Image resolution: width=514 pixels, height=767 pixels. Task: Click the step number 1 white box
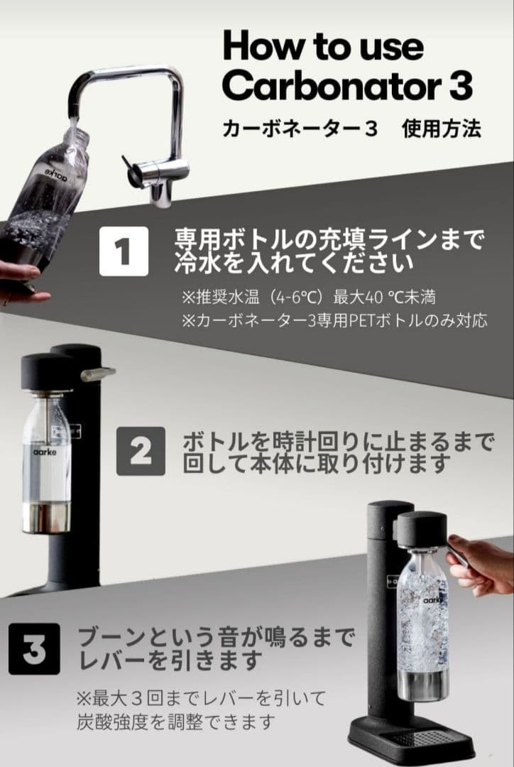tap(124, 251)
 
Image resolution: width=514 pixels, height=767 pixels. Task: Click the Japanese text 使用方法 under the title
tap(441, 129)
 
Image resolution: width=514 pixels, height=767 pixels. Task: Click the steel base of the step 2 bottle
tap(45, 518)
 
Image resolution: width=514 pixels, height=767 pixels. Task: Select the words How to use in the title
tap(323, 46)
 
